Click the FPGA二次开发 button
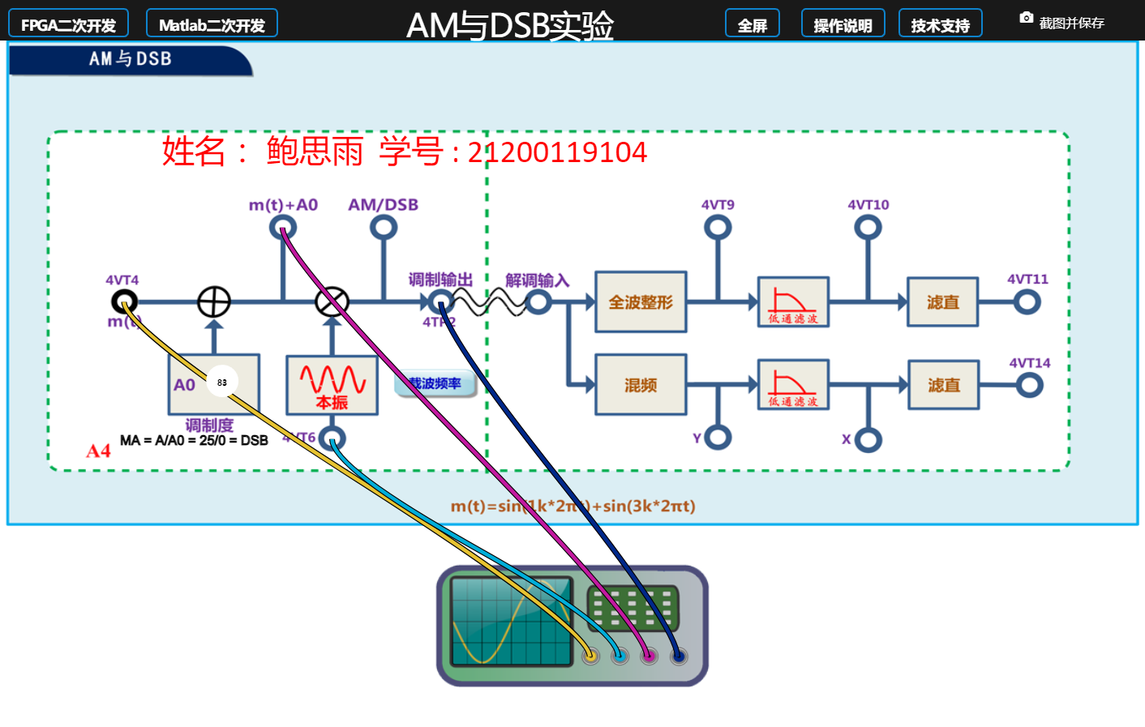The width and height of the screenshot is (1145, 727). click(x=68, y=24)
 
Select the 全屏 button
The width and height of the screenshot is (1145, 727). click(x=752, y=24)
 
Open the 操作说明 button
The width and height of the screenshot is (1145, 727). click(x=843, y=24)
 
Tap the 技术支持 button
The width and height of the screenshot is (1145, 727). click(x=940, y=24)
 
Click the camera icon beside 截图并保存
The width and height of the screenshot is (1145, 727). click(x=1026, y=18)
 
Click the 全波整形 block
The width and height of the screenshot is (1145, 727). click(x=641, y=302)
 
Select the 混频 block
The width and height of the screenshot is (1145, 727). click(x=641, y=385)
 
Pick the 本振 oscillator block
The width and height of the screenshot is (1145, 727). click(x=332, y=385)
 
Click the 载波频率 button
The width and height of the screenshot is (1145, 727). click(x=435, y=383)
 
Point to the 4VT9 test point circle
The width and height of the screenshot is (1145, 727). click(x=718, y=228)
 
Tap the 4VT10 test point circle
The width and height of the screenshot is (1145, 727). click(x=868, y=228)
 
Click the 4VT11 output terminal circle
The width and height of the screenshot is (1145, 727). click(x=1027, y=302)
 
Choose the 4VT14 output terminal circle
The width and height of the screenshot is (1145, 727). click(x=1030, y=385)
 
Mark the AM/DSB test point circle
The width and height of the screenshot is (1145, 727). click(x=383, y=228)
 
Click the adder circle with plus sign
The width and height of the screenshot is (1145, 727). click(x=214, y=302)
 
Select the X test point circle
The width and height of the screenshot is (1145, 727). click(x=868, y=439)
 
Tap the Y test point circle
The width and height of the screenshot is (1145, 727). click(x=718, y=438)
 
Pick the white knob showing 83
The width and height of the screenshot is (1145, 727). click(x=222, y=382)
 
